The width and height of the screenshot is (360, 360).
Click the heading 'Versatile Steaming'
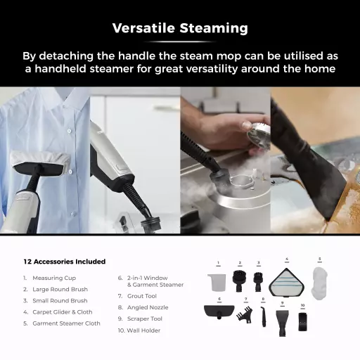[x=180, y=28]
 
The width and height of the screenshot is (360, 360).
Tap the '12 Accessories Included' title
[x=65, y=262]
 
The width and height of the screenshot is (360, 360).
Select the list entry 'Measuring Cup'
[x=54, y=278]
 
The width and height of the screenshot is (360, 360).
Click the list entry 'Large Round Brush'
[x=60, y=290]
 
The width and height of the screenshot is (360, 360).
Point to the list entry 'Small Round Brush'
[x=60, y=301]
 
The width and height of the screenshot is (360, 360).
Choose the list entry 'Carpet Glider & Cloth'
[x=63, y=312]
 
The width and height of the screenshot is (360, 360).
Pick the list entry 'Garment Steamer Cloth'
[x=66, y=323]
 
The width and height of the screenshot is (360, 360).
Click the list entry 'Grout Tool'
[x=142, y=296]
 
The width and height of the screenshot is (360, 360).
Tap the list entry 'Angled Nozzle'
[x=148, y=307]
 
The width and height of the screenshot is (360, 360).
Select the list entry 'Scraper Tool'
[x=145, y=319]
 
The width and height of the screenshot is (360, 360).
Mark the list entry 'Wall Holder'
[x=143, y=330]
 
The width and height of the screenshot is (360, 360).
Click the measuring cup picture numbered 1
[x=217, y=283]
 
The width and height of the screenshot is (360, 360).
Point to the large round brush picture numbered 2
[x=239, y=281]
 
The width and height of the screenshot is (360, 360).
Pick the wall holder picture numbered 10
[x=302, y=321]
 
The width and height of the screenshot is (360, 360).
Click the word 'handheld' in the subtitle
[x=60, y=69]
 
